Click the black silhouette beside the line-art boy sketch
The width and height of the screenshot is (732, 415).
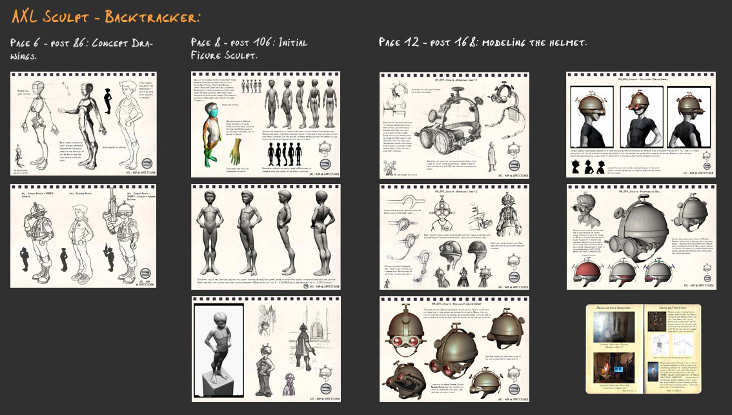(x=108, y=100)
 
